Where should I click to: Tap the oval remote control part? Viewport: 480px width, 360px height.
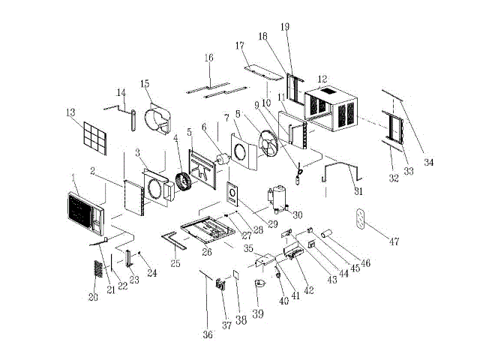pyautogui.click(x=363, y=221)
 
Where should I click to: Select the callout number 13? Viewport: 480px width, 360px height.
pyautogui.click(x=71, y=112)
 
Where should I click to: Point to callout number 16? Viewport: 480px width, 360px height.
pyautogui.click(x=208, y=58)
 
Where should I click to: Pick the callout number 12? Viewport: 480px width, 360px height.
pyautogui.click(x=322, y=79)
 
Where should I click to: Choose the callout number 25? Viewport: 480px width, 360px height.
pyautogui.click(x=175, y=263)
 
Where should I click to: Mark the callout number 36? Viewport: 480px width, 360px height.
pyautogui.click(x=208, y=334)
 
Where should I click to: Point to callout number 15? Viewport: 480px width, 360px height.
pyautogui.click(x=145, y=83)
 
